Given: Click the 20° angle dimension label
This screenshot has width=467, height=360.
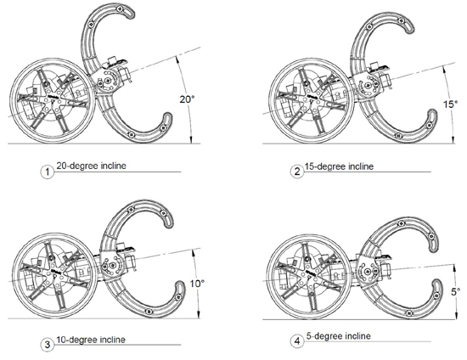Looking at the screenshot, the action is click(x=187, y=99).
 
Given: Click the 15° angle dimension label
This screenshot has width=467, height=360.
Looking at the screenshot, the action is click(x=450, y=104).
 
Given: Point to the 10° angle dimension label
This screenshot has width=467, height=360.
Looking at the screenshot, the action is click(x=197, y=284).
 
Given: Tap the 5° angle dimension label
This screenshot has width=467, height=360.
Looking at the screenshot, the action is click(x=455, y=292).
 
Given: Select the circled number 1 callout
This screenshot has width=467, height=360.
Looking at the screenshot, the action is click(x=47, y=172).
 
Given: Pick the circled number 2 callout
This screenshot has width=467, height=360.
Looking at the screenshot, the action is click(x=297, y=172).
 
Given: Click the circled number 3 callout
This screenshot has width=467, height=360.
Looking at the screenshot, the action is click(x=47, y=345).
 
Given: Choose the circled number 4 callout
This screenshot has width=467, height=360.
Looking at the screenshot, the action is click(x=297, y=341).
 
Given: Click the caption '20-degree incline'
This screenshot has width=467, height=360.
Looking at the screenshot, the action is click(x=91, y=166).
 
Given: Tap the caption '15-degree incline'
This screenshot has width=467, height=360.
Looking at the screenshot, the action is click(x=339, y=166).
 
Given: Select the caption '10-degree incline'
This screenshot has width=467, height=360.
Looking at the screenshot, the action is click(x=91, y=340).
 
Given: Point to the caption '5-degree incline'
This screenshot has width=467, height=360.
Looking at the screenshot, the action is click(x=339, y=336).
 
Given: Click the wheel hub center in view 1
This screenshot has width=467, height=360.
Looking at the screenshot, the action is click(x=53, y=101).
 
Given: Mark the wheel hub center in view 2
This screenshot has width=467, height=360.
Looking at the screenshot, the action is click(x=312, y=100).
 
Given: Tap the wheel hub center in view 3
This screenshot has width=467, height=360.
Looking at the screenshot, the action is click(x=55, y=275).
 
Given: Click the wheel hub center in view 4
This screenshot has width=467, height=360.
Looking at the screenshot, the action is click(x=309, y=274).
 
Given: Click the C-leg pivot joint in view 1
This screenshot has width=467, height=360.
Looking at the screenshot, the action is click(x=108, y=80).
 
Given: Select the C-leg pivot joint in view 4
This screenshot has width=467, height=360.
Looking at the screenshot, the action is click(x=368, y=271).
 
